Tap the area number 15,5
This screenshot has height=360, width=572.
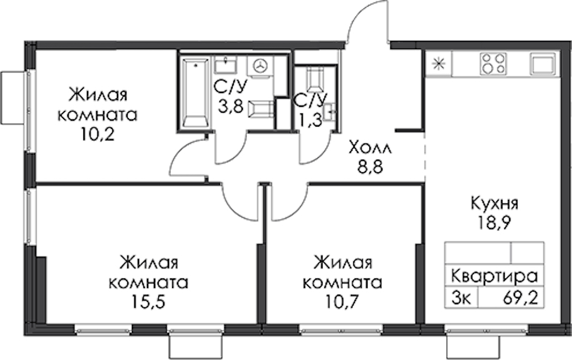click(149, 302)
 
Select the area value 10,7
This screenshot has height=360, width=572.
click(342, 302)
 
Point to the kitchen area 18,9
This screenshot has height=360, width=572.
click(494, 221)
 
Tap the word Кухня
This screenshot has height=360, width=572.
click(495, 203)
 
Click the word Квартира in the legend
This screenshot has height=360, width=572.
click(495, 276)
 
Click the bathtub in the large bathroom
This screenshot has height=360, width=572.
click(197, 92)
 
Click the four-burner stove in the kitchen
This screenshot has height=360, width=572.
click(493, 63)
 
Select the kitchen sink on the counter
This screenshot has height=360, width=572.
click(543, 64)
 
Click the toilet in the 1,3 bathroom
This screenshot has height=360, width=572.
click(314, 79)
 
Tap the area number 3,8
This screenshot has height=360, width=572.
click(231, 107)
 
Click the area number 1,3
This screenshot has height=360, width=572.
click(311, 120)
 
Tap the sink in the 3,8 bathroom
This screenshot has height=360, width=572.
click(225, 65)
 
